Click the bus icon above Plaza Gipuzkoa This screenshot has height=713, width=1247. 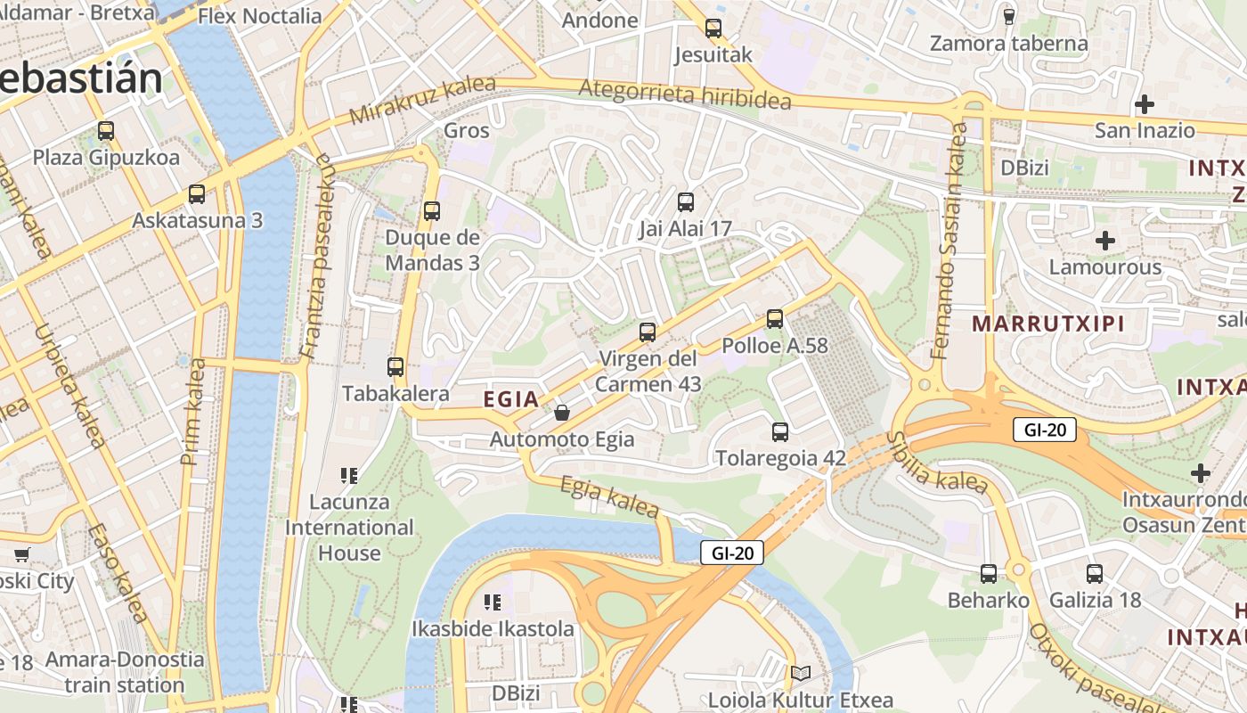(106, 131)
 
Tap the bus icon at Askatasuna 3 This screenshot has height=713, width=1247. (197, 194)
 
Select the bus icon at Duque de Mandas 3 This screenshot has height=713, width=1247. (432, 211)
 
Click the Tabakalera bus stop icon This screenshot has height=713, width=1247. (395, 366)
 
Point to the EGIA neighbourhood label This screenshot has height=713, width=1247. (511, 399)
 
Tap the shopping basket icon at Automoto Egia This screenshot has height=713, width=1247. (562, 413)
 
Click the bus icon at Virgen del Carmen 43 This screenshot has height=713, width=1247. (648, 332)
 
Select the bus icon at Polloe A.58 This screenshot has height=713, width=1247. (775, 318)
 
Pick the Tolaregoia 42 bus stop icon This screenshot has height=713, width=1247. (780, 432)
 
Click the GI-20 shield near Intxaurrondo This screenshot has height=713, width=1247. (1045, 430)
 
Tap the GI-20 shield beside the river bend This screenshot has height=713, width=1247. (731, 553)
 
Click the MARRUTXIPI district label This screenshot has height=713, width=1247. (1048, 324)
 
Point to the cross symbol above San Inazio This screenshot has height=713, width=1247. (1145, 104)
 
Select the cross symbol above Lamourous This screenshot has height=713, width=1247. (1105, 241)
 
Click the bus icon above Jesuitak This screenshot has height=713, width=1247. (713, 28)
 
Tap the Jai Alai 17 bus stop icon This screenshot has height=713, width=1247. (685, 202)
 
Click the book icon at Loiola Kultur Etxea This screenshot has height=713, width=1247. (801, 674)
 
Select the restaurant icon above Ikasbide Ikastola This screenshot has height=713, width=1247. (492, 602)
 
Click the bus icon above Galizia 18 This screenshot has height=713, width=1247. (1095, 574)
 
